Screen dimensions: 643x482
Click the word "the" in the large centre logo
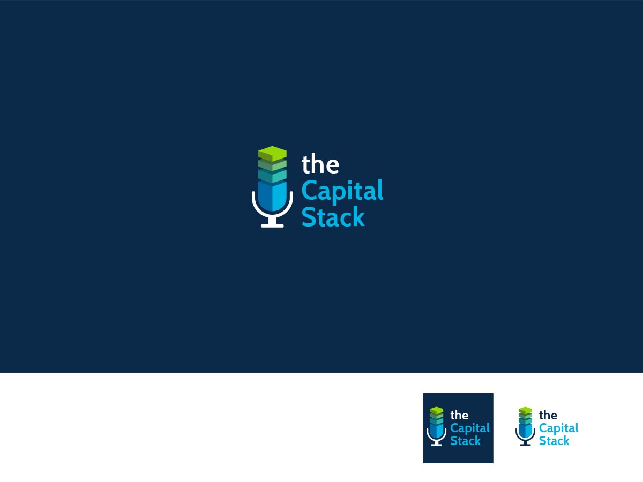320,163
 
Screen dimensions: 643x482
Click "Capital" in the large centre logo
342,191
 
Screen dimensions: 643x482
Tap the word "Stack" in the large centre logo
333,216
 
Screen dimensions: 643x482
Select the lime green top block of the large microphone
272,154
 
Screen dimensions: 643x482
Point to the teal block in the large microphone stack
272,176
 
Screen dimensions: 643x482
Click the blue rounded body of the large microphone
272,195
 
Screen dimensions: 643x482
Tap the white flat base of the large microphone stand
272,225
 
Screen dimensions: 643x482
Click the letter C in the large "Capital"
309,190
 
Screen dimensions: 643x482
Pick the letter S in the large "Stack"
309,216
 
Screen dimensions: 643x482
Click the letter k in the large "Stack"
358,216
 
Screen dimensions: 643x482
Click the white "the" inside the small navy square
459,415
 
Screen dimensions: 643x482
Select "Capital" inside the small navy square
470,428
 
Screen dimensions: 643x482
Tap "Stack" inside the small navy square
466,440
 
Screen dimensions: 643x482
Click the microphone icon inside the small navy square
437,426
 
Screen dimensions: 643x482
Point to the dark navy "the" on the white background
548,415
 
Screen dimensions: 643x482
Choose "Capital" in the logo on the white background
559,428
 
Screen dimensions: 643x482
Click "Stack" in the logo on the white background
554,440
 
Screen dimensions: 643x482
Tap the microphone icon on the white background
525,426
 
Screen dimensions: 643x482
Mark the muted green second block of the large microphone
272,165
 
